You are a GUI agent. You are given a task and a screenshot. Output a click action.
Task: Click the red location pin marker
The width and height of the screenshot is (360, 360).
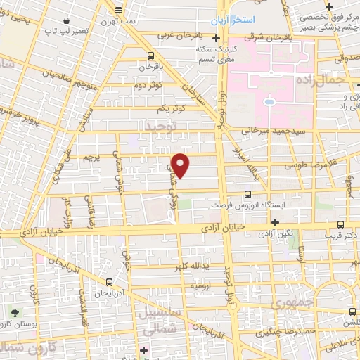181,165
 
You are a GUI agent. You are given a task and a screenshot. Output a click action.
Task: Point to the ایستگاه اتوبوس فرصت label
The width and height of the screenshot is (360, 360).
241,205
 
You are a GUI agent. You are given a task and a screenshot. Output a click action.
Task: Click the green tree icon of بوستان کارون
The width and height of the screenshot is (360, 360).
16,311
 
